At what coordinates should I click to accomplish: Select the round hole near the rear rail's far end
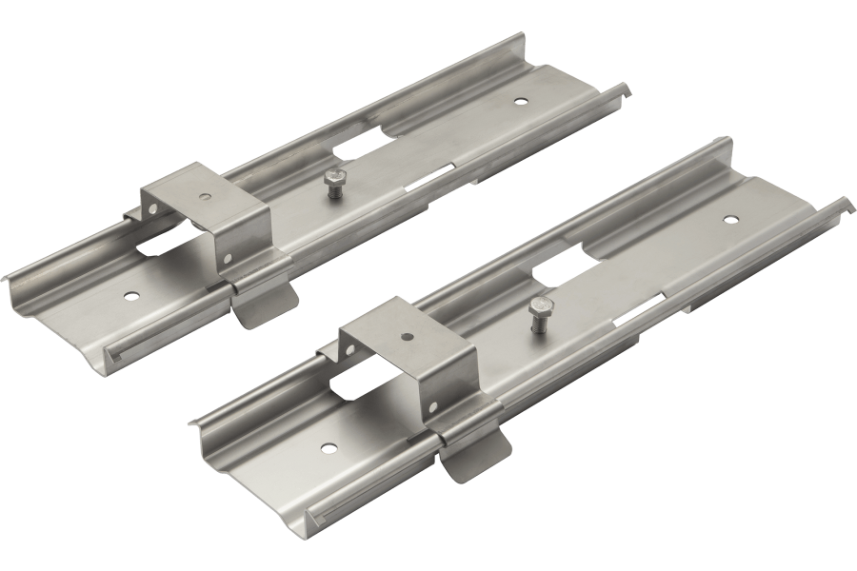pos(520,99)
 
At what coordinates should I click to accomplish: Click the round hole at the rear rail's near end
pos(130,294)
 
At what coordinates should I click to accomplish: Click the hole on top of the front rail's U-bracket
pos(404,335)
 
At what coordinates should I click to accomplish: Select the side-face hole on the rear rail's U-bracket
pos(229,258)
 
